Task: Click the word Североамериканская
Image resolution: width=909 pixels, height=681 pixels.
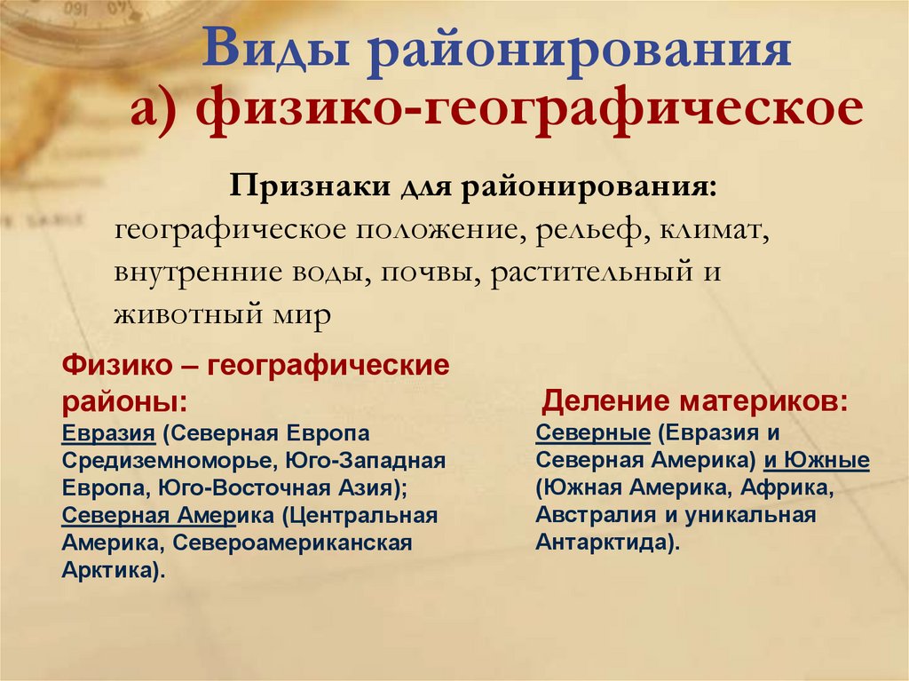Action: click(x=293, y=543)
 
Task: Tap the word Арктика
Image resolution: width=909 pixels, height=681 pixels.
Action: click(x=110, y=570)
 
